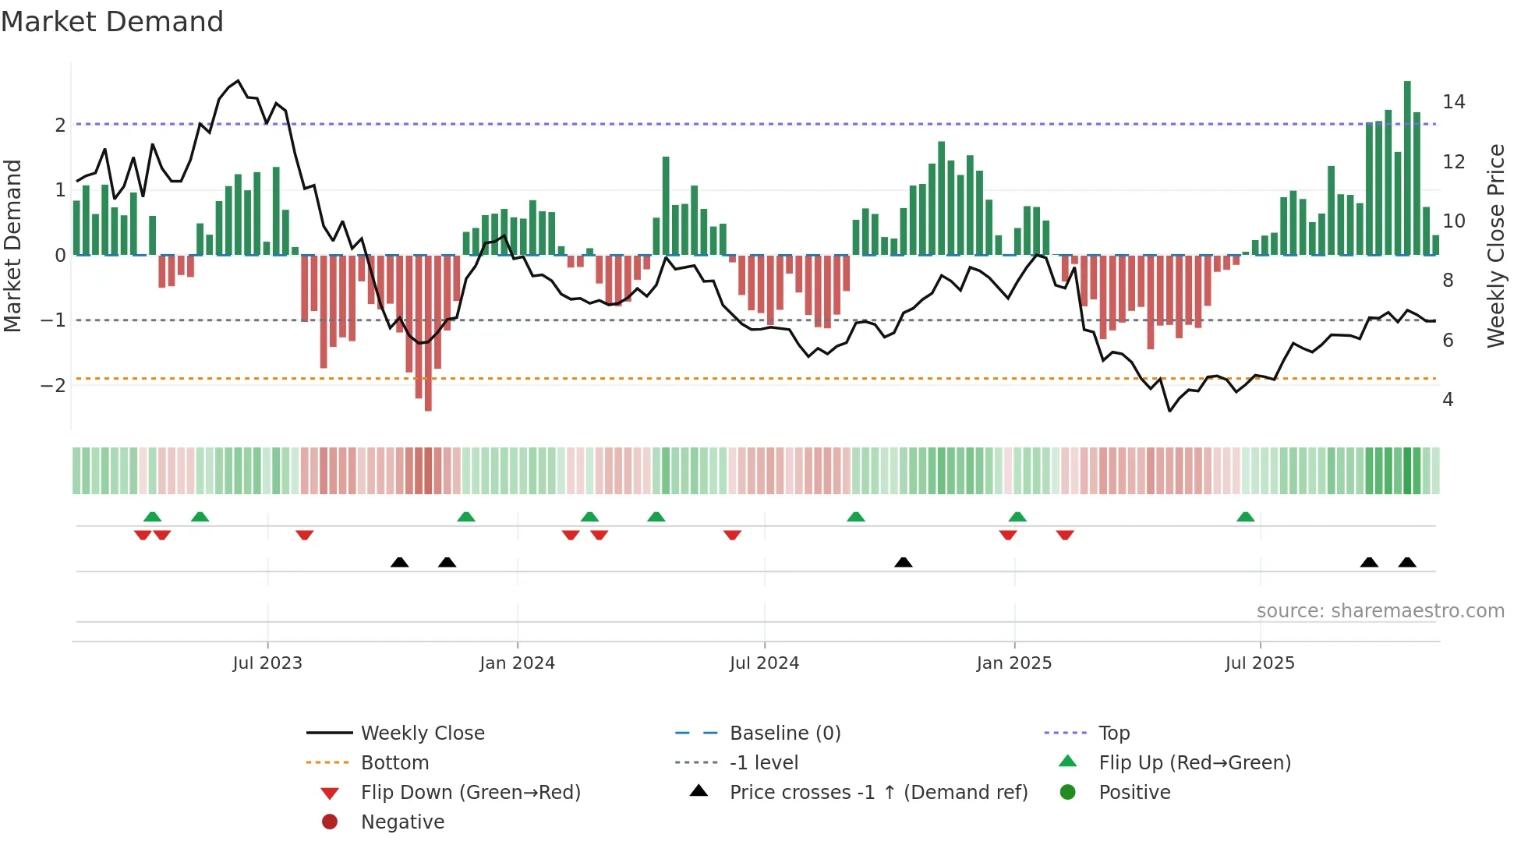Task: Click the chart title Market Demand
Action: click(x=112, y=22)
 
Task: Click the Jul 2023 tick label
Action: click(x=267, y=663)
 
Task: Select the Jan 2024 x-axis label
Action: click(x=517, y=663)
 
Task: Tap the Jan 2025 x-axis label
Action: click(x=1013, y=663)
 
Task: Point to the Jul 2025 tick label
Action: click(x=1260, y=663)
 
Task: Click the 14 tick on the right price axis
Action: click(x=1453, y=102)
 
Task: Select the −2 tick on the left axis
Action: click(x=53, y=386)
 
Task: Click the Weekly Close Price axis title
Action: click(x=1495, y=246)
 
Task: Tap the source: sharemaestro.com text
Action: click(x=1380, y=611)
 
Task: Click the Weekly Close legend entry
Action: click(x=422, y=734)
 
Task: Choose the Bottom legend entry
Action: click(x=394, y=763)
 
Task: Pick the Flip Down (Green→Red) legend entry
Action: click(x=470, y=793)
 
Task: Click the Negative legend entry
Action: click(x=402, y=822)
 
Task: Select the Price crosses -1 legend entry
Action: click(x=878, y=793)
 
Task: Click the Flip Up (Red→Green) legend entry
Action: click(x=1194, y=763)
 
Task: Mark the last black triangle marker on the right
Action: click(x=1407, y=563)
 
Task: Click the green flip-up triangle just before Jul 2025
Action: click(x=1246, y=517)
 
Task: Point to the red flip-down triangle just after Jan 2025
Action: click(x=1065, y=535)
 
